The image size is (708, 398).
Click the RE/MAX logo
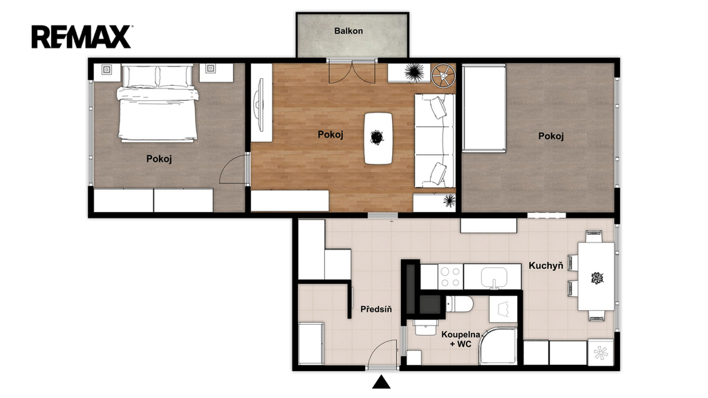tap(82, 37)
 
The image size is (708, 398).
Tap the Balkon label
tap(348, 30)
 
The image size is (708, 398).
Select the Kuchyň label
tap(546, 265)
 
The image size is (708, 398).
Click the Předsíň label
tap(376, 309)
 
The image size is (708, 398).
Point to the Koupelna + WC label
tap(460, 339)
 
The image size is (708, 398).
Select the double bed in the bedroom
tap(158, 103)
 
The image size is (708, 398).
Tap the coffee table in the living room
tap(378, 138)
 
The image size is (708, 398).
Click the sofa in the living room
tap(434, 141)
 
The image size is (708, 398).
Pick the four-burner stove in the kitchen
tap(450, 276)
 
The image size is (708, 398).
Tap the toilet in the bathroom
tap(459, 304)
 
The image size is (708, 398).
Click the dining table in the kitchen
tap(596, 276)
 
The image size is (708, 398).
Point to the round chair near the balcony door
tap(443, 75)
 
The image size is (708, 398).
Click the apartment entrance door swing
tap(383, 354)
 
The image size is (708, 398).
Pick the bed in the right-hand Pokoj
tap(484, 107)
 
